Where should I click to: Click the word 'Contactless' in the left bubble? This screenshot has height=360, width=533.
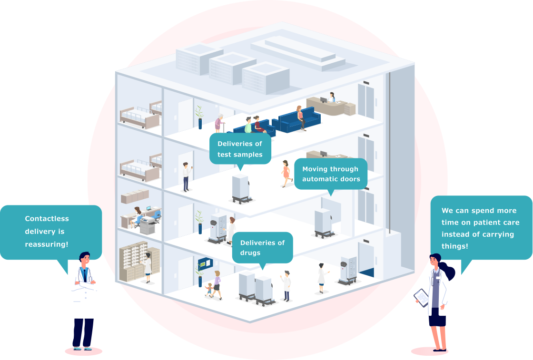tap(47, 219)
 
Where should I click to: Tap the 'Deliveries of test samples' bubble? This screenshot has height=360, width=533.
tap(240, 148)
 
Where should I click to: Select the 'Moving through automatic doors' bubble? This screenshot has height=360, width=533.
tap(331, 174)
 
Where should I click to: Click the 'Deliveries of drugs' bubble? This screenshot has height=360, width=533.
tap(262, 247)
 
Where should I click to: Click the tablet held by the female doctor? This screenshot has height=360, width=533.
tap(421, 298)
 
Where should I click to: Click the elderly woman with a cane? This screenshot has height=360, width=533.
tap(218, 124)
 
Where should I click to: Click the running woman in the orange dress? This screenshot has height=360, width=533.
tap(286, 173)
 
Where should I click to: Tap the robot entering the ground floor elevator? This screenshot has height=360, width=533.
tap(348, 271)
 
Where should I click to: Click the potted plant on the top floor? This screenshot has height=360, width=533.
tap(199, 117)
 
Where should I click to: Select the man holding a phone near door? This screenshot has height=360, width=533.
tap(186, 176)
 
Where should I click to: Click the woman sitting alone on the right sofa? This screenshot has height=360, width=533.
tap(300, 117)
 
